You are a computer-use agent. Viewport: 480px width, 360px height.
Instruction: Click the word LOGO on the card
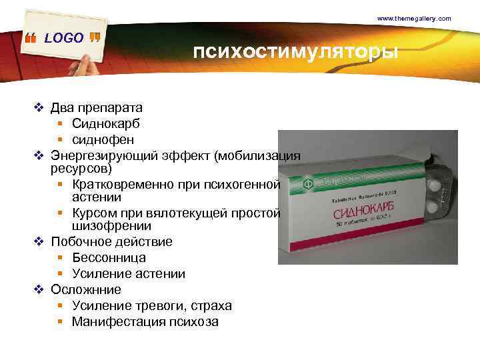tap(64, 38)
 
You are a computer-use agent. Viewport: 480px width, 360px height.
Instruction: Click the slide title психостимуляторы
tap(296, 52)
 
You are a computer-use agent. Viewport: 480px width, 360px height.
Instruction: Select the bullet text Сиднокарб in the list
tap(106, 123)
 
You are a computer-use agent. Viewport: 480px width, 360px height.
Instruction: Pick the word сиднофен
tap(103, 139)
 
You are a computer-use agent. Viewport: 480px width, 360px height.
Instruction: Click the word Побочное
tap(82, 241)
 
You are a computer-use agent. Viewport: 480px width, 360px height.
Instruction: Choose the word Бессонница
tap(109, 257)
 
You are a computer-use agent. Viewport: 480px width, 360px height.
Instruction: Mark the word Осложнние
tap(86, 289)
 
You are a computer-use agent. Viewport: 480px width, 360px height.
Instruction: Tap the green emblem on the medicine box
tap(308, 183)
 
